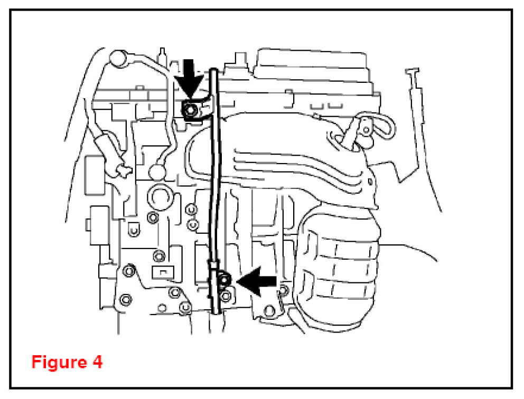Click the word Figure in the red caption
(x=58, y=363)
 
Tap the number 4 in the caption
(x=96, y=363)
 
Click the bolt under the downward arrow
(x=190, y=109)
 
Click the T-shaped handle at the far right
(x=413, y=72)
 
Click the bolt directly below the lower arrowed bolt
(x=226, y=296)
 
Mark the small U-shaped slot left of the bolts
(x=134, y=230)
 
